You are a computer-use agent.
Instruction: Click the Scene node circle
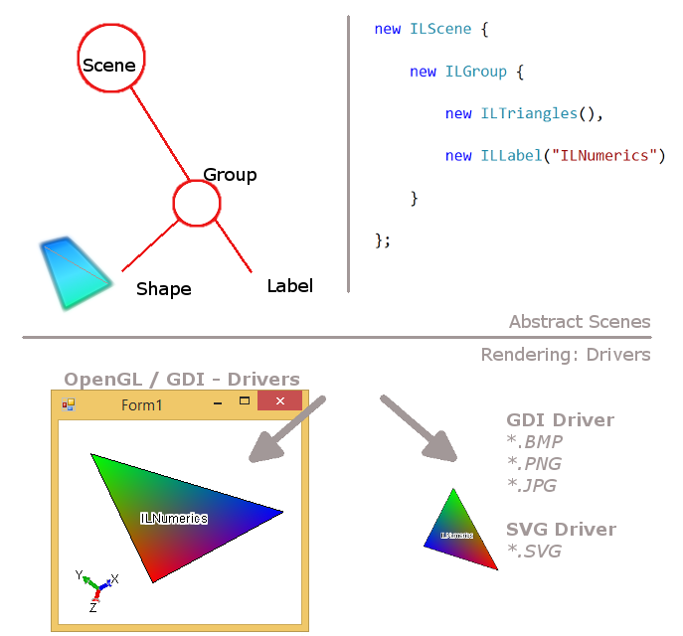pyautogui.click(x=110, y=59)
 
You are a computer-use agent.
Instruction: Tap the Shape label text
pyautogui.click(x=164, y=289)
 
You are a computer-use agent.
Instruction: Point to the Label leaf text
pyautogui.click(x=289, y=286)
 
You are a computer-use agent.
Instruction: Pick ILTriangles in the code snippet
pyautogui.click(x=529, y=113)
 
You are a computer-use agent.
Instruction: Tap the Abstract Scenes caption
pyautogui.click(x=580, y=322)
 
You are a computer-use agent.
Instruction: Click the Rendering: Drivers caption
pyautogui.click(x=566, y=355)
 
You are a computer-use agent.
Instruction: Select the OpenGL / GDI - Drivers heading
pyautogui.click(x=182, y=380)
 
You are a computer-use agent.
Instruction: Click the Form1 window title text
pyautogui.click(x=142, y=404)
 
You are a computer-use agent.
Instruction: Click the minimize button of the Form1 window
pyautogui.click(x=218, y=402)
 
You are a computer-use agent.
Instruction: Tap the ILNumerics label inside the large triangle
pyautogui.click(x=174, y=518)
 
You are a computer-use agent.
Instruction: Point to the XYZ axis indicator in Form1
pyautogui.click(x=95, y=586)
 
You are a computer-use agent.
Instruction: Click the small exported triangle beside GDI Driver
pyautogui.click(x=458, y=533)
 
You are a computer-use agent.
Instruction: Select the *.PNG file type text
pyautogui.click(x=532, y=464)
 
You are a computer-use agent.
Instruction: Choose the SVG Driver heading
pyautogui.click(x=561, y=530)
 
